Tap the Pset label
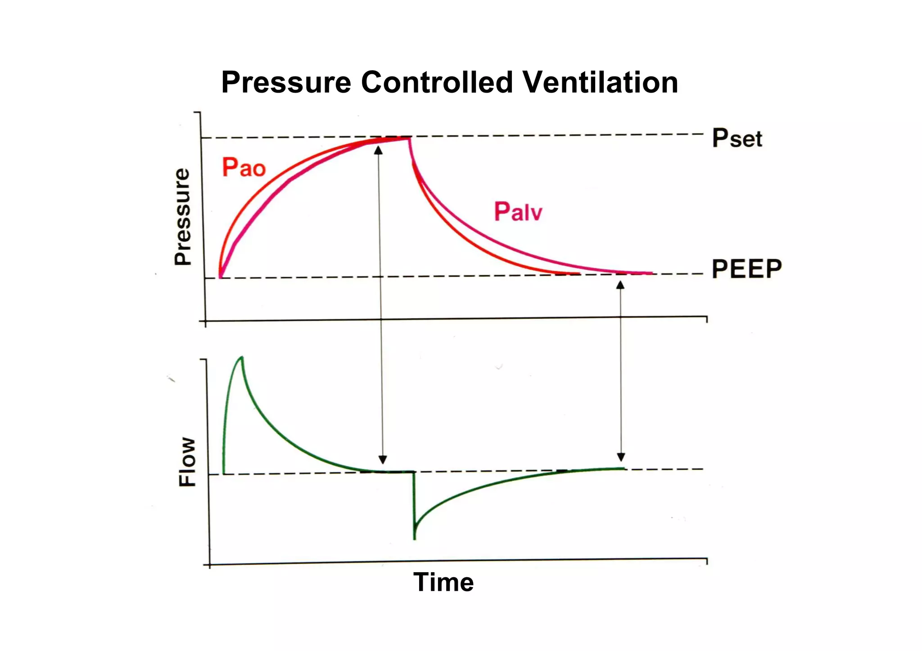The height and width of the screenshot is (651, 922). [737, 138]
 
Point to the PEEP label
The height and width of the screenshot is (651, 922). [746, 269]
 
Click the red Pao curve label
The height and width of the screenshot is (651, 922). [244, 167]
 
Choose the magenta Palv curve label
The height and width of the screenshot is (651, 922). [518, 211]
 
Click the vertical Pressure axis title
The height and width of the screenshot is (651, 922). [182, 216]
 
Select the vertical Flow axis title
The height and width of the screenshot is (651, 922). [187, 462]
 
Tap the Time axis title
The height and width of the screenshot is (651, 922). [443, 582]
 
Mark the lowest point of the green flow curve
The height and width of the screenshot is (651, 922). [414, 538]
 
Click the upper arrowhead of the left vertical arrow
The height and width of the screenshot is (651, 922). [379, 150]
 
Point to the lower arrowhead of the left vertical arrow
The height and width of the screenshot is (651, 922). [383, 459]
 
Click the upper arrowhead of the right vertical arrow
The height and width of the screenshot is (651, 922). [620, 285]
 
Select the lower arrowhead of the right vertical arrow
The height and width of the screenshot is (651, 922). [621, 457]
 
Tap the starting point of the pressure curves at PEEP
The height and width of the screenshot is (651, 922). [220, 278]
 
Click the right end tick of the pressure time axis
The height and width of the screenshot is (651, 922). [707, 319]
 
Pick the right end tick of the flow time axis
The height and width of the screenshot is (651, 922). [707, 561]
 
